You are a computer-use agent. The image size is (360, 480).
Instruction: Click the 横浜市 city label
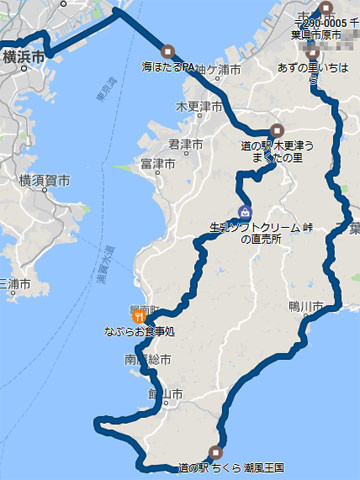22,59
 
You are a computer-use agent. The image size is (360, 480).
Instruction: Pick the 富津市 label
159,163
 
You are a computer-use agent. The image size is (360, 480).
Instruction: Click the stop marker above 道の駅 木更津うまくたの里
278,129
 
